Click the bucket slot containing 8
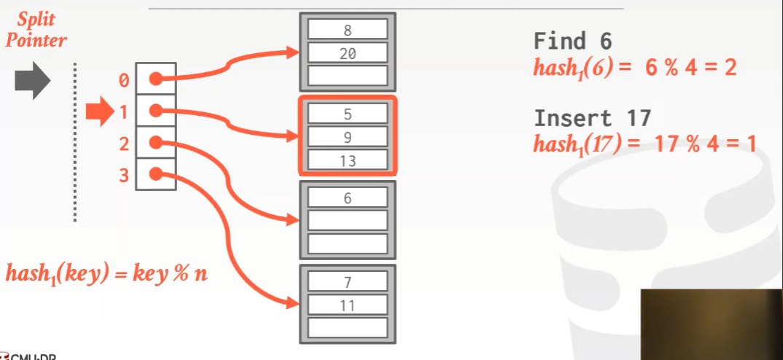click(347, 29)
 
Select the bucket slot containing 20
click(347, 52)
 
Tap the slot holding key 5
click(347, 114)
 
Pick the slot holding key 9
click(347, 136)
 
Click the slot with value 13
click(347, 160)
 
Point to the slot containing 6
click(347, 197)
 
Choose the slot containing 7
click(347, 281)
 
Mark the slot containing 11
click(347, 305)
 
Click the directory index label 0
click(123, 80)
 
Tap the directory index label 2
click(123, 144)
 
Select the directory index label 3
click(123, 176)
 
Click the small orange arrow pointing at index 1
click(96, 111)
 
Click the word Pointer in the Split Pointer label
click(36, 39)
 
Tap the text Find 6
click(572, 41)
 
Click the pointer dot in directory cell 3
click(155, 174)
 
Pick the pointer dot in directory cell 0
click(155, 79)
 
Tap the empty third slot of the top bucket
click(347, 75)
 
